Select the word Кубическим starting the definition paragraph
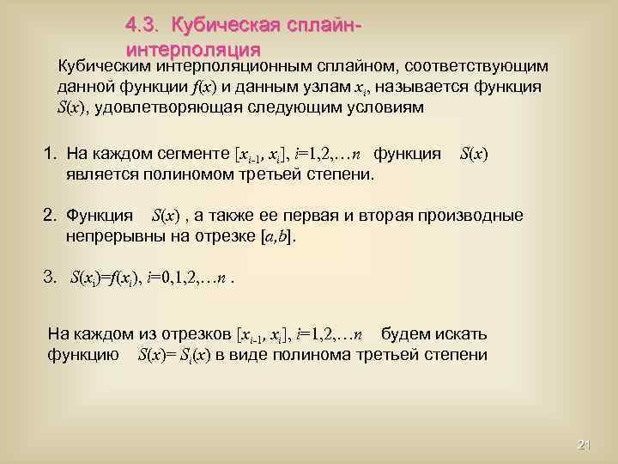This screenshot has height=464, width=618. (x=100, y=66)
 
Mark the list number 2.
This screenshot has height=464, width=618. (x=50, y=215)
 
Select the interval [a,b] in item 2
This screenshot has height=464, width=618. (x=277, y=236)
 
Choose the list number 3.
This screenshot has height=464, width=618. (x=50, y=278)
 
